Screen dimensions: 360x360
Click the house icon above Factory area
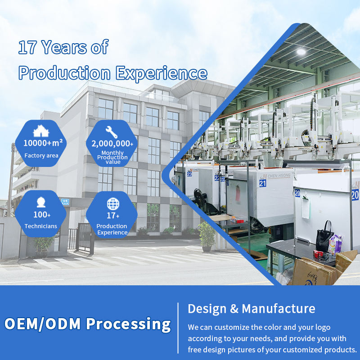[41, 130]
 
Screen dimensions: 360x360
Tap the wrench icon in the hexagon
[112, 132]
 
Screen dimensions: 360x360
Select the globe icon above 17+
[113, 204]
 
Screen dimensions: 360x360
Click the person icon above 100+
[41, 202]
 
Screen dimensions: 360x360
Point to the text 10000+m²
[43, 143]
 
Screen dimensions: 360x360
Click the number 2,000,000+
[112, 144]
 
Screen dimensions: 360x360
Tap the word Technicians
[41, 226]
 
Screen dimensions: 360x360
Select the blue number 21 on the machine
[263, 183]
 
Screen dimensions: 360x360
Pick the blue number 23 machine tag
[189, 174]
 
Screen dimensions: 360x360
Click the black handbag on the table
[324, 238]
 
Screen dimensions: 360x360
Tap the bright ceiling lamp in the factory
[301, 52]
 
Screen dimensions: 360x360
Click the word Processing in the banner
[128, 324]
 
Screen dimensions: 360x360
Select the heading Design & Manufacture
[252, 308]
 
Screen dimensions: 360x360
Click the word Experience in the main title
[162, 73]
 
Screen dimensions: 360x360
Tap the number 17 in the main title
[27, 47]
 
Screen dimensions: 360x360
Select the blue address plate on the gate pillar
[65, 202]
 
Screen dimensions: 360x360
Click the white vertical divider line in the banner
[178, 328]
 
